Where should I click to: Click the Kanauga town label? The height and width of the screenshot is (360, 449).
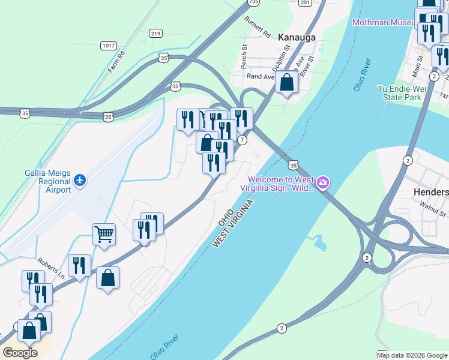pos(298,37)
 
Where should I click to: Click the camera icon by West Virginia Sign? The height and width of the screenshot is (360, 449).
pos(323,182)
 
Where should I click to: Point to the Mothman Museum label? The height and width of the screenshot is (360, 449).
pos(384,22)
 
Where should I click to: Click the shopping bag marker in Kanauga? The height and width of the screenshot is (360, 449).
pos(287,82)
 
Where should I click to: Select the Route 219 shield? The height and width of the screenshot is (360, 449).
pos(156,34)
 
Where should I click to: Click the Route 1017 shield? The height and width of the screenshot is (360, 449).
pos(109,46)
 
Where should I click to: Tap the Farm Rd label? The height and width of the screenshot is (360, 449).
pos(116,61)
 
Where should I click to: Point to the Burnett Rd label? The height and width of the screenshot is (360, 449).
pos(258,25)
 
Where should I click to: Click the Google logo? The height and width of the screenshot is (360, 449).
pos(20,353)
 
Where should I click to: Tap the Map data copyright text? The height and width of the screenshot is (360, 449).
pos(412,355)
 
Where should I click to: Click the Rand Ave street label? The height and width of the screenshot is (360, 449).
pos(260,76)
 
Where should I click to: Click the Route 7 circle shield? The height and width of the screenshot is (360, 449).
pos(242,140)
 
